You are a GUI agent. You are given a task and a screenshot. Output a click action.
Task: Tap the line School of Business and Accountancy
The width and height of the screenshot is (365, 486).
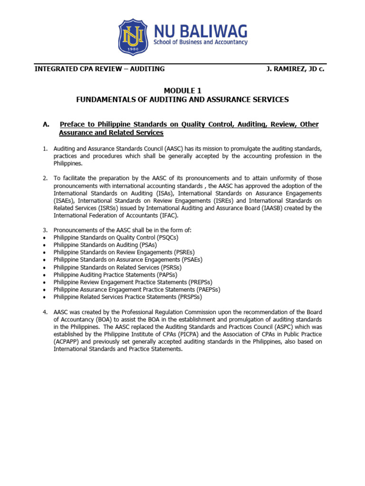click(200, 42)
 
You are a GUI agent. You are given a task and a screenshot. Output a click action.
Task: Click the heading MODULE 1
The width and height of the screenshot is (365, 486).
click(182, 90)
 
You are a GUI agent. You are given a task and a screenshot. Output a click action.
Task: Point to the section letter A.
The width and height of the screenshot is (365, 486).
click(46, 124)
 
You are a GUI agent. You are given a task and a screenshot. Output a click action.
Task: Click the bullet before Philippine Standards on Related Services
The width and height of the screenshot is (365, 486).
click(44, 267)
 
